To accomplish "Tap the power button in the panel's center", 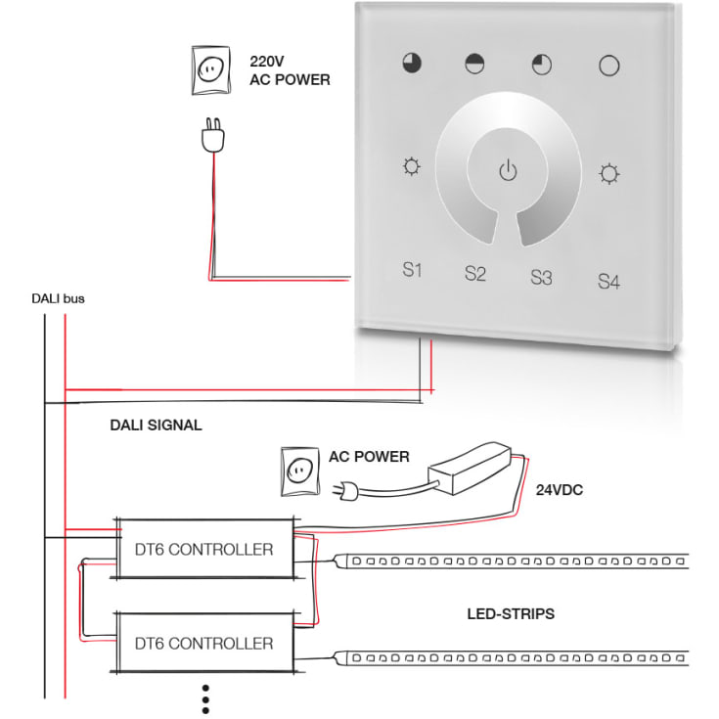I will click(x=507, y=172).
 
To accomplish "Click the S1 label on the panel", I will click(x=413, y=269).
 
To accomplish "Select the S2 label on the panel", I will click(x=474, y=273).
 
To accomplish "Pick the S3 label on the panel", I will click(x=541, y=277).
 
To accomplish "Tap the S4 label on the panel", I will click(x=608, y=282).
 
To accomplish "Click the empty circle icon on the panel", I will click(x=609, y=67).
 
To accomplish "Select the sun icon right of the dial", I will click(x=609, y=174).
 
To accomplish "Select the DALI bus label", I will click(x=58, y=298).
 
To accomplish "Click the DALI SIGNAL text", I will click(x=156, y=425).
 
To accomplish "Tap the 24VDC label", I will click(x=559, y=490).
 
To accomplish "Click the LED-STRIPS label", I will click(x=511, y=614).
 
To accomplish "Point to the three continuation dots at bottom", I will click(x=205, y=700).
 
